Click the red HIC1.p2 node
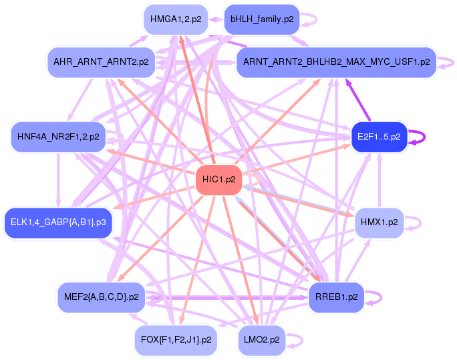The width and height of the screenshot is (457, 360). click(x=218, y=180)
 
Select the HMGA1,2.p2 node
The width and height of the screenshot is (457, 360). click(x=176, y=19)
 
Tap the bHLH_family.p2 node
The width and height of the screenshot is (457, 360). click(x=262, y=19)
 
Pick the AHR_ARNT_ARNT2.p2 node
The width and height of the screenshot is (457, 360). click(x=101, y=62)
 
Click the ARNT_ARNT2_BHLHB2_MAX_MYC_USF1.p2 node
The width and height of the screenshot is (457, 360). click(x=336, y=62)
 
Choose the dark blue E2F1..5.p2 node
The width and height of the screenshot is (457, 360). click(x=379, y=137)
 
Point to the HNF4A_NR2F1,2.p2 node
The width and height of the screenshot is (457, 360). click(x=58, y=137)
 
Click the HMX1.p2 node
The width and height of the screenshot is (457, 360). click(x=379, y=222)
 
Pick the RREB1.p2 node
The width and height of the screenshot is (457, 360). click(x=336, y=297)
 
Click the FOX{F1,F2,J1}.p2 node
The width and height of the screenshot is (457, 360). click(x=176, y=340)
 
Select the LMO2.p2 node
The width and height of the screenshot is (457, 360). click(x=262, y=340)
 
